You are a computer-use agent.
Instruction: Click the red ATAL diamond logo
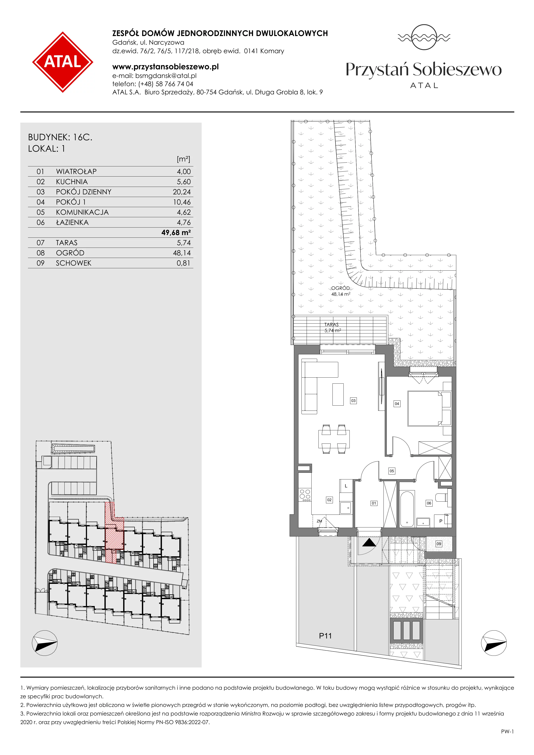[62, 62]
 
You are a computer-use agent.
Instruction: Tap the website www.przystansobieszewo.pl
[165, 67]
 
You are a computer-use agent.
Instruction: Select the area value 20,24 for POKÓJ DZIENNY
[182, 192]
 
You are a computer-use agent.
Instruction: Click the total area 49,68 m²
[176, 233]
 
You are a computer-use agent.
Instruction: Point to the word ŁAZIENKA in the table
[72, 222]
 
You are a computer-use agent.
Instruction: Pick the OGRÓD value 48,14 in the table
[182, 253]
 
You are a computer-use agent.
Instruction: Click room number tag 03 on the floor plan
[353, 400]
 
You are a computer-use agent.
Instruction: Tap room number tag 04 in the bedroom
[397, 403]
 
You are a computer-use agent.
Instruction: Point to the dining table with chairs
[334, 439]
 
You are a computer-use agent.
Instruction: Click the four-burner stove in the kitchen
[305, 495]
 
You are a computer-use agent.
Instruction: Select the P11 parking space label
[325, 636]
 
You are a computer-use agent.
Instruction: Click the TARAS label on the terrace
[331, 325]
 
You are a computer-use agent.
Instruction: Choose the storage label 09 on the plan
[439, 544]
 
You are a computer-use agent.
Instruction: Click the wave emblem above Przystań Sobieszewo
[424, 37]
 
